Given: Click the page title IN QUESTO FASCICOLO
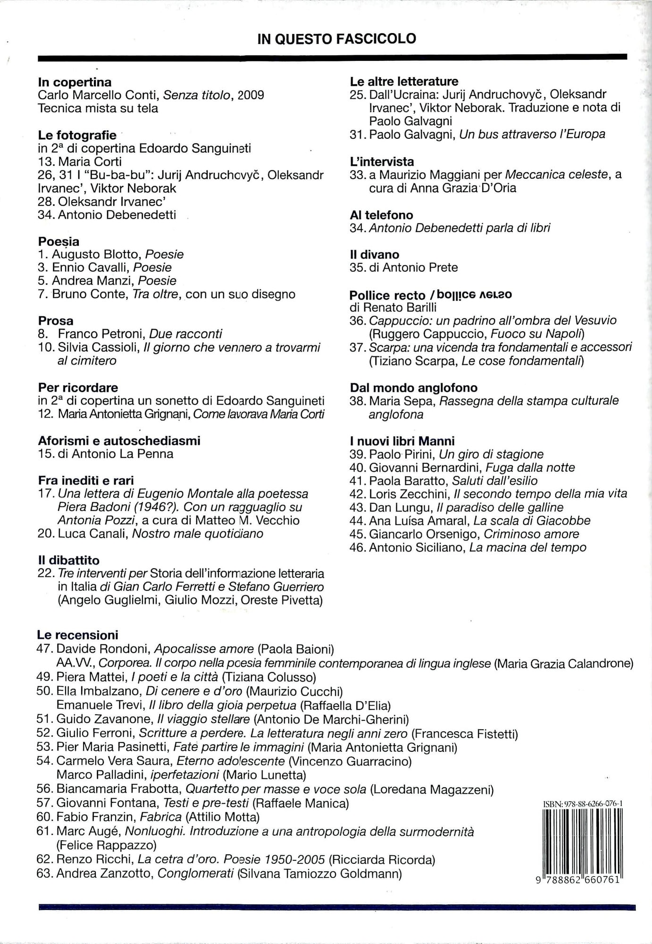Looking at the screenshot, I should [337, 39].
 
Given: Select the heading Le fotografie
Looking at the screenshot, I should [77, 135].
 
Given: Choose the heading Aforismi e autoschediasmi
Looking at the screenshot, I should [119, 440].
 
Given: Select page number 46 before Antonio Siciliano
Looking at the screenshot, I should [358, 548].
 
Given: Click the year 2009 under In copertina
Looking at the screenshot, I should [251, 95].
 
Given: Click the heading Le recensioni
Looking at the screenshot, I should [78, 635].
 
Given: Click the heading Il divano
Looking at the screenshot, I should [374, 254].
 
